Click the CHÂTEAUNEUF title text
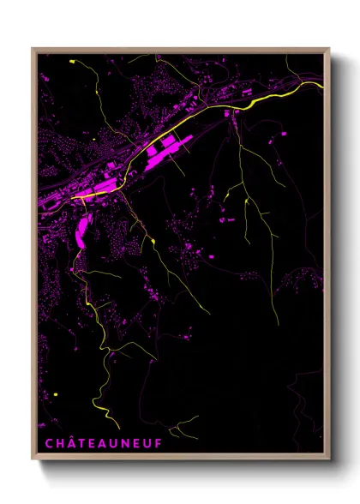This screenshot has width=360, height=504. (x=97, y=443)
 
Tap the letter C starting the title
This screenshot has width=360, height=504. (x=48, y=443)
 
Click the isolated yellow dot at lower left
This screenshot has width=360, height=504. (x=54, y=393)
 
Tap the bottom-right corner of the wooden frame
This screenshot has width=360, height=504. (x=328, y=460)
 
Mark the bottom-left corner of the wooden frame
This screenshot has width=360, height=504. (x=33, y=460)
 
